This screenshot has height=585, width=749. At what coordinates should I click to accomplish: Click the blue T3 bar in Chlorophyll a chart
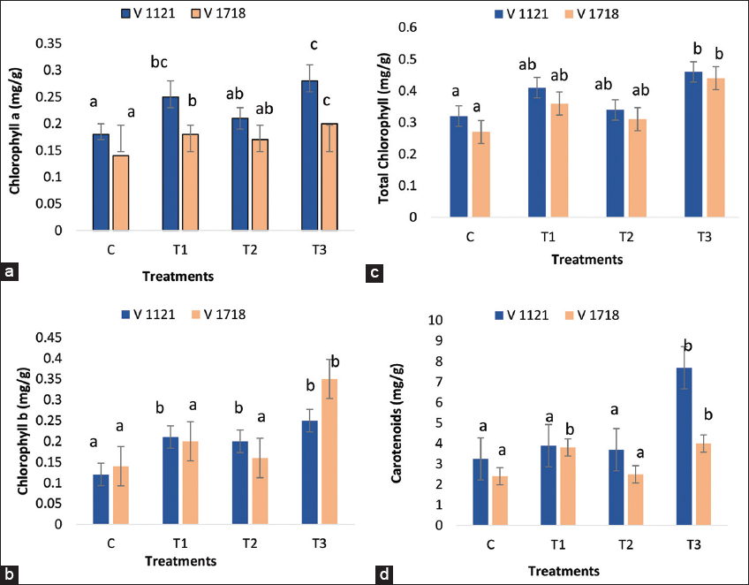[260, 156]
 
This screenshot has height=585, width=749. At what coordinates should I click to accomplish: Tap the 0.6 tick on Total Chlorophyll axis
[430, 27]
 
